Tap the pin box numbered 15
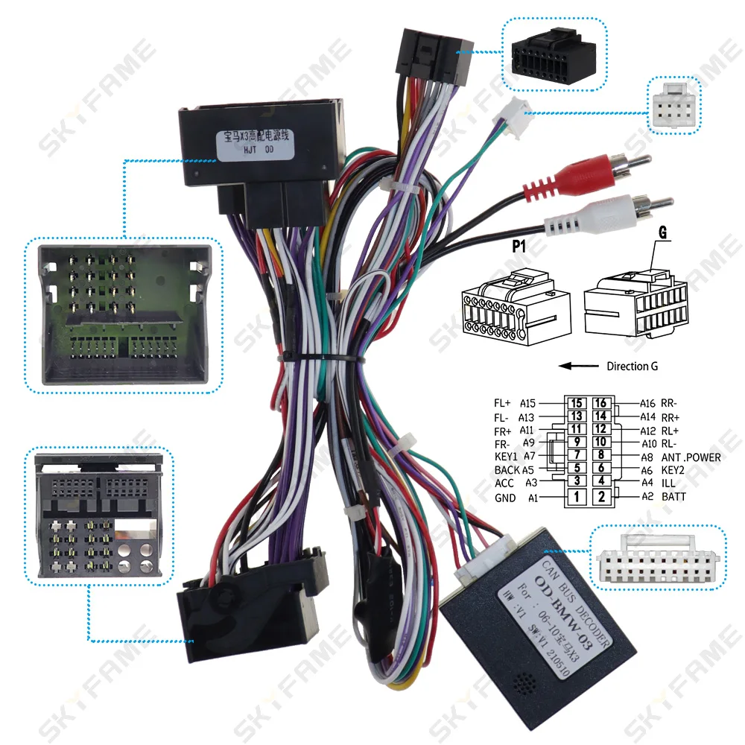575,403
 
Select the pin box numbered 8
601,455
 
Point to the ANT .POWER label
691,457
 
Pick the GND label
504,498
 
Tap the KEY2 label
673,470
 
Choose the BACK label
507,470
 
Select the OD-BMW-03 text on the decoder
551,609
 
